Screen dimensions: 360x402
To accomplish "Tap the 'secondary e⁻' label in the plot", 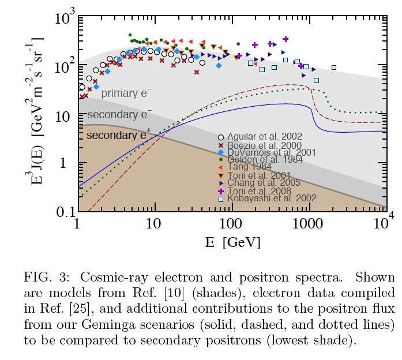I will tap(120, 114).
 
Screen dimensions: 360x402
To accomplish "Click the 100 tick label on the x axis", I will tap(231, 224).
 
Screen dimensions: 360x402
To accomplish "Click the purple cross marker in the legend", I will tap(220, 191).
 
